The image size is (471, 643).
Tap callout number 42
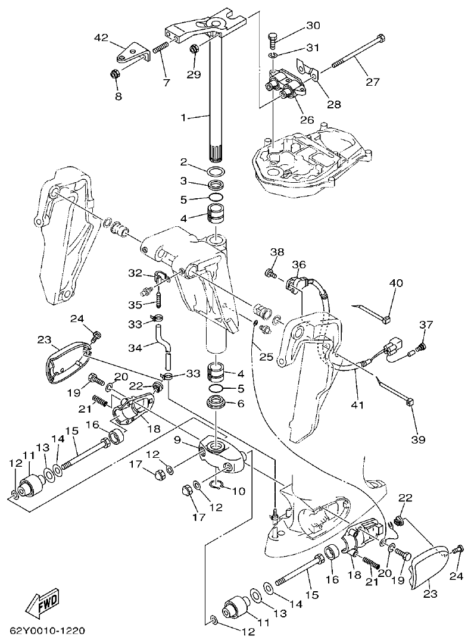coord(102,38)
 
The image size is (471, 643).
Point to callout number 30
coord(313,26)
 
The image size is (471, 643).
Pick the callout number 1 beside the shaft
coord(184,118)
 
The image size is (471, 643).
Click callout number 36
coord(298,264)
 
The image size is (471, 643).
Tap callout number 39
coord(418,439)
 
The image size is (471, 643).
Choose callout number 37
coord(426,324)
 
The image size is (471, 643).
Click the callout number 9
coord(177,440)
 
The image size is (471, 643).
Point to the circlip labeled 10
coord(220,485)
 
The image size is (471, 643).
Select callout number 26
coord(307,119)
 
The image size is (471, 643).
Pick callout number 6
coord(241,403)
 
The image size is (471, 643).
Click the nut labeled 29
coord(194,49)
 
